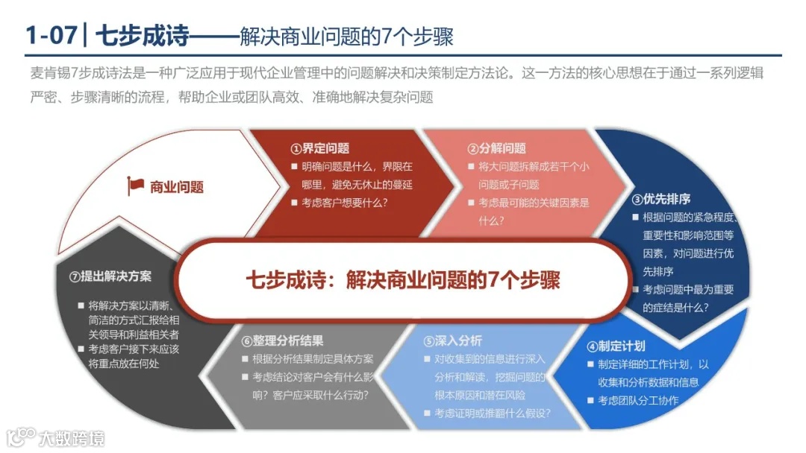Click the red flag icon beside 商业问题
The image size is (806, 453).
point(136,186)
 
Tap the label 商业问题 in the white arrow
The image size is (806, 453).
point(177,187)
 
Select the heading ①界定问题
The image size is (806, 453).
point(319,148)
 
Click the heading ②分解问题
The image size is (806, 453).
point(496,148)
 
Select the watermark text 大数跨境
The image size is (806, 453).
point(72,437)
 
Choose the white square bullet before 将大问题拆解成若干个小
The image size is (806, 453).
point(470,167)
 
